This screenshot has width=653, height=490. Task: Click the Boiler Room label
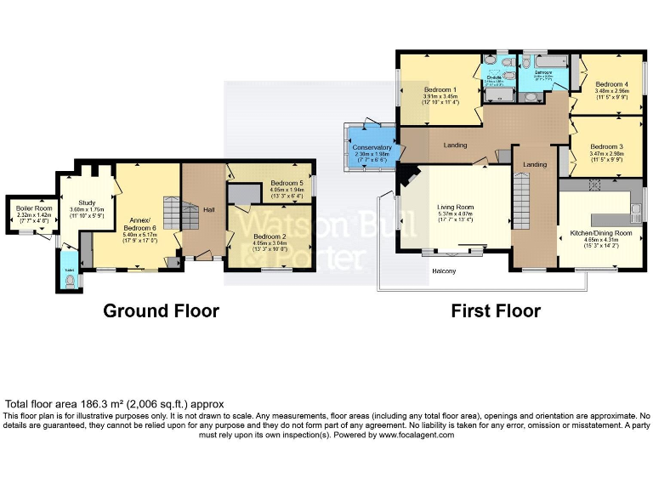click(x=33, y=209)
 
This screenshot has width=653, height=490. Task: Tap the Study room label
click(x=86, y=203)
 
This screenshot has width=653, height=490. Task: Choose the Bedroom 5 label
click(x=289, y=183)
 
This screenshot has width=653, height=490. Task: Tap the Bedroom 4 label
click(x=611, y=85)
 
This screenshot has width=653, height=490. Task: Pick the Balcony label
click(x=441, y=271)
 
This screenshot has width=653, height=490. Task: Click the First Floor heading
click(x=495, y=311)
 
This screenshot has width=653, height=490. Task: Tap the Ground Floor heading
click(x=161, y=311)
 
